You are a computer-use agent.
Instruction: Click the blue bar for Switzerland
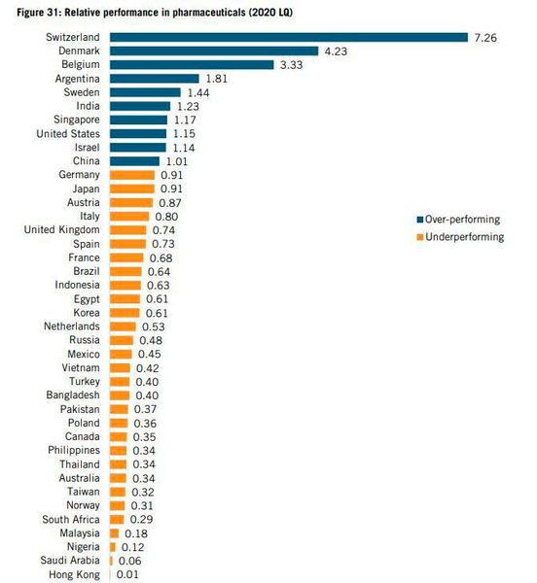[289, 37]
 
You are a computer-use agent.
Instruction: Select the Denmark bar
[214, 51]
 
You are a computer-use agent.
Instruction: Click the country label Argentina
[73, 78]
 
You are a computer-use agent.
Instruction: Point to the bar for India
[140, 105]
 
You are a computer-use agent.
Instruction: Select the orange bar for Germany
[132, 175]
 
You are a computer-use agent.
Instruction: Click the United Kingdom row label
[61, 229]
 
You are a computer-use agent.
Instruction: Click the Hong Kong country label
[73, 575]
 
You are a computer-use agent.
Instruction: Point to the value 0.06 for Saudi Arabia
[128, 562]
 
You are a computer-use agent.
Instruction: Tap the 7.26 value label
[485, 37]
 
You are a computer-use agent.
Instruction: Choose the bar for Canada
[119, 437]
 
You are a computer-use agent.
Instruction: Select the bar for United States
[138, 133]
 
